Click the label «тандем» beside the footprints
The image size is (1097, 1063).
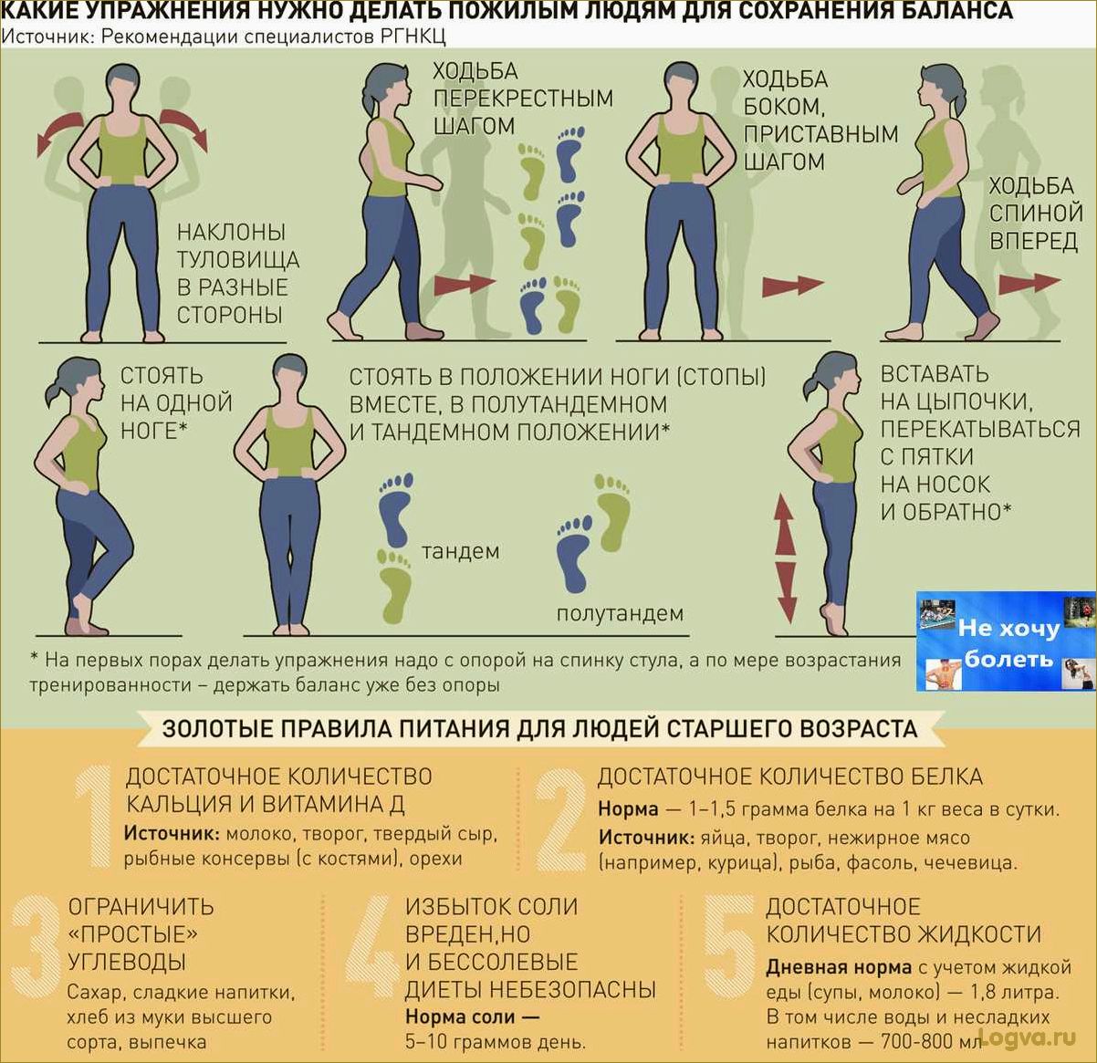461,551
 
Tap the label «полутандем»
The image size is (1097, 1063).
620,612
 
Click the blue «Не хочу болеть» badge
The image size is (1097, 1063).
1006,641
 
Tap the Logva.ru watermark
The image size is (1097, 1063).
1028,1036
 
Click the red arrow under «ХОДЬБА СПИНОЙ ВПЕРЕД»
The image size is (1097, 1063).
1029,284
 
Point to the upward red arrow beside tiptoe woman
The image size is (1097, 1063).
785,524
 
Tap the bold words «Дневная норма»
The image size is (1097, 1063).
839,967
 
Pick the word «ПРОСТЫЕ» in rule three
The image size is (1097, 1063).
133,934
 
